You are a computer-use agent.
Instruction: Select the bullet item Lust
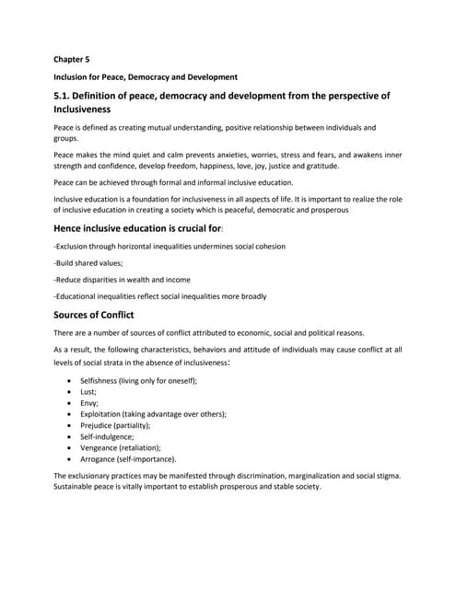90,391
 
